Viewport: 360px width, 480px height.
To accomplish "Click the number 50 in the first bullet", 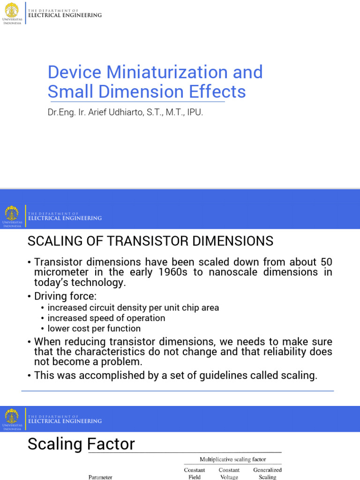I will (326, 262).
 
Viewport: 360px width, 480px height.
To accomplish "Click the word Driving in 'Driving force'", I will (52, 296).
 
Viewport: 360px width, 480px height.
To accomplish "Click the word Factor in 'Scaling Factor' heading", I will (112, 444).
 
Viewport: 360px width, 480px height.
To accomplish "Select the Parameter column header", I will (100, 477).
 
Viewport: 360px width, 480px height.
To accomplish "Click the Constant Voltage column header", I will (229, 473).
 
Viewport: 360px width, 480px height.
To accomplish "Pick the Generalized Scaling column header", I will (267, 473).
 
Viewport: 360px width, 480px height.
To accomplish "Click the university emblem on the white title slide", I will (12, 9).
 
